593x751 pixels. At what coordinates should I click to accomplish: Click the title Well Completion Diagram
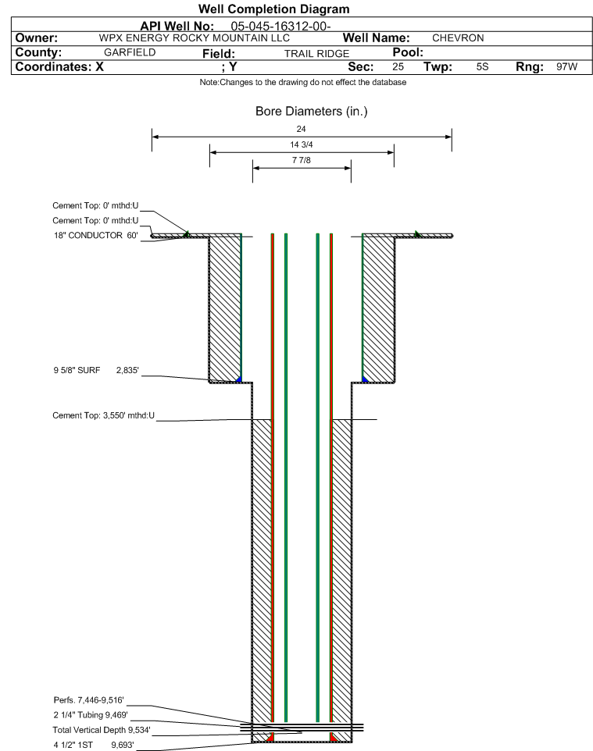(273, 9)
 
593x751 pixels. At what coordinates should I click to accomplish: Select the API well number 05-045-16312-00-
(280, 27)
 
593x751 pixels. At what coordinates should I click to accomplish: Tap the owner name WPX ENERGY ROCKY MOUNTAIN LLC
(195, 38)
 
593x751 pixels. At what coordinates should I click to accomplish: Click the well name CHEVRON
(458, 38)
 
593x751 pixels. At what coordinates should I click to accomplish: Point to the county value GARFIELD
(130, 52)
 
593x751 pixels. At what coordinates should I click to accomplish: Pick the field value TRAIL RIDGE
(316, 54)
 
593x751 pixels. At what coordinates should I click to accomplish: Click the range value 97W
(566, 66)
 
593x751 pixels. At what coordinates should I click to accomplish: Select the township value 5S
(482, 66)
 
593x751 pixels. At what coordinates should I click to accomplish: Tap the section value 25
(398, 66)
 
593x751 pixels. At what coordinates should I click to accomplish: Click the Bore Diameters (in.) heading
(311, 111)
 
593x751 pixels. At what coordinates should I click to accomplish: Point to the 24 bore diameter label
(301, 129)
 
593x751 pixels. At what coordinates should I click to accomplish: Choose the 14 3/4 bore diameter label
(301, 144)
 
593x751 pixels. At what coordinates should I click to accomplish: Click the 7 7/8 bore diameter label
(301, 160)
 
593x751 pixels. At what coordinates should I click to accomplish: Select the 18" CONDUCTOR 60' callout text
(96, 235)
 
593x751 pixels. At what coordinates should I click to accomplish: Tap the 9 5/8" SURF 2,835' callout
(96, 370)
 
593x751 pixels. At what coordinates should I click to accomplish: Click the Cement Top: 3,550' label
(104, 415)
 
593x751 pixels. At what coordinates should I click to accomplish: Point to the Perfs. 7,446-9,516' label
(89, 700)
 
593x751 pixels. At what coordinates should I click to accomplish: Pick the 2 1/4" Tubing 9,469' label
(91, 715)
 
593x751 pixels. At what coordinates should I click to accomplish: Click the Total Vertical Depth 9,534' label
(102, 730)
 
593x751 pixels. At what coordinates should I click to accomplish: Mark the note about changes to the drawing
(303, 83)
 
